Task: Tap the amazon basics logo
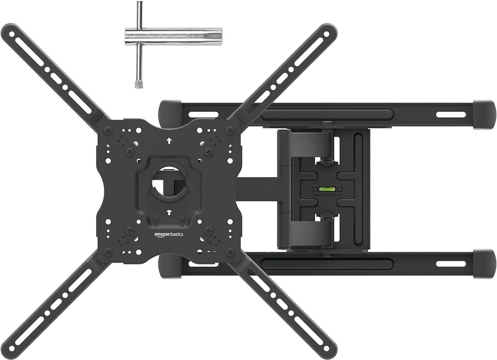[168, 234]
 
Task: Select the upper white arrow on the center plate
[169, 141]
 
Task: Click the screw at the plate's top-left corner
[109, 130]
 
